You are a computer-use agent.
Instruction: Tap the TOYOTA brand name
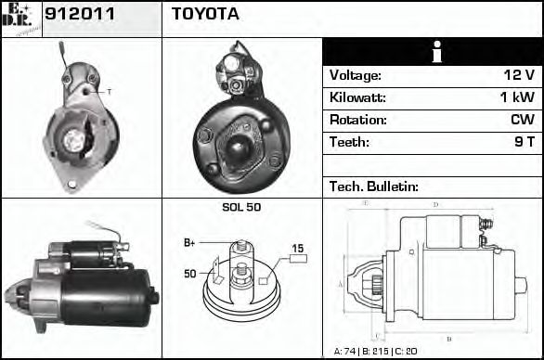[x=205, y=15]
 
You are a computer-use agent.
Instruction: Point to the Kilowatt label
[x=357, y=97]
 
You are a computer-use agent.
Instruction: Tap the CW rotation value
[x=522, y=120]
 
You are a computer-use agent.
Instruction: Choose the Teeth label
[x=349, y=142]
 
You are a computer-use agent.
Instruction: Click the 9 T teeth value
[x=525, y=142]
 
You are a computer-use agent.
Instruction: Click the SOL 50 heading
[x=241, y=207]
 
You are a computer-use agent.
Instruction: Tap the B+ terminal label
[x=189, y=243]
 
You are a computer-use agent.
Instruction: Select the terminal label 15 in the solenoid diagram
[x=298, y=248]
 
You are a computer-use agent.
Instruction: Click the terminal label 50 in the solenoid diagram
[x=190, y=274]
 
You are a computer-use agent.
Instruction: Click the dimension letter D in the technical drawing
[x=435, y=203]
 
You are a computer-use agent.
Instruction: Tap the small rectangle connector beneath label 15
[x=298, y=259]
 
